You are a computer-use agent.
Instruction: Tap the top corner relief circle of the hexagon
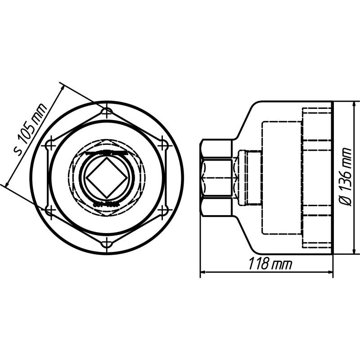click(x=107, y=111)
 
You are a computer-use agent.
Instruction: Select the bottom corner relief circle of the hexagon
click(x=107, y=243)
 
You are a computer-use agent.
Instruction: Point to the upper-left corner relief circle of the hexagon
click(x=50, y=144)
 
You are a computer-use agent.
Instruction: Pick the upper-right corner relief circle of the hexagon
click(x=164, y=144)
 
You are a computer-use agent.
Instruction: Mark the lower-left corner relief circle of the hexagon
click(x=50, y=210)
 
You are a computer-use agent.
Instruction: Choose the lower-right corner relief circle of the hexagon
click(x=164, y=210)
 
